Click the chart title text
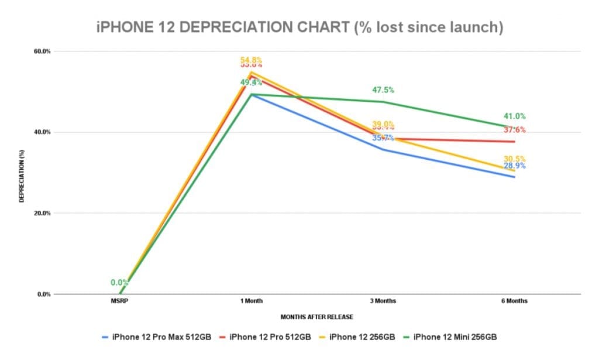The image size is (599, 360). (x=299, y=28)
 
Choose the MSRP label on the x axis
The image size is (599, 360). (x=120, y=301)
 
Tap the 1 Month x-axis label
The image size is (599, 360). (x=252, y=301)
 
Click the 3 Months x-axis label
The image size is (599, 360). (x=383, y=301)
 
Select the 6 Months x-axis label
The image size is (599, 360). (x=515, y=301)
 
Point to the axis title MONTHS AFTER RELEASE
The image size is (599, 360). (x=317, y=317)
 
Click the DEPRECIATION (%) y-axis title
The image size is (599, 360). (x=22, y=173)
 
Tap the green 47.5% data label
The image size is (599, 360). (x=383, y=90)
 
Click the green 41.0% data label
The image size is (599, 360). (x=515, y=116)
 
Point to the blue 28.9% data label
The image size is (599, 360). (x=515, y=166)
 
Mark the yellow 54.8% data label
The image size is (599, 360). (x=252, y=60)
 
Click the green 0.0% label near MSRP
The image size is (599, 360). (x=120, y=283)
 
